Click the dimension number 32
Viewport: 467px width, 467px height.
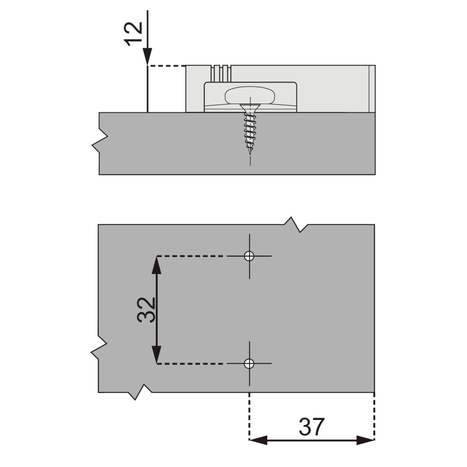click(146, 310)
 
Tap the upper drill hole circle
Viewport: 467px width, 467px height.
click(249, 256)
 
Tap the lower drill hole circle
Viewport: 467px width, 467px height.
click(249, 363)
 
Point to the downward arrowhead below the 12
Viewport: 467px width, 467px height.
click(148, 56)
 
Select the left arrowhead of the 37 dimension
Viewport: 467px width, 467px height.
click(258, 440)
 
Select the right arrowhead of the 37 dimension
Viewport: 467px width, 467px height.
click(365, 440)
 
